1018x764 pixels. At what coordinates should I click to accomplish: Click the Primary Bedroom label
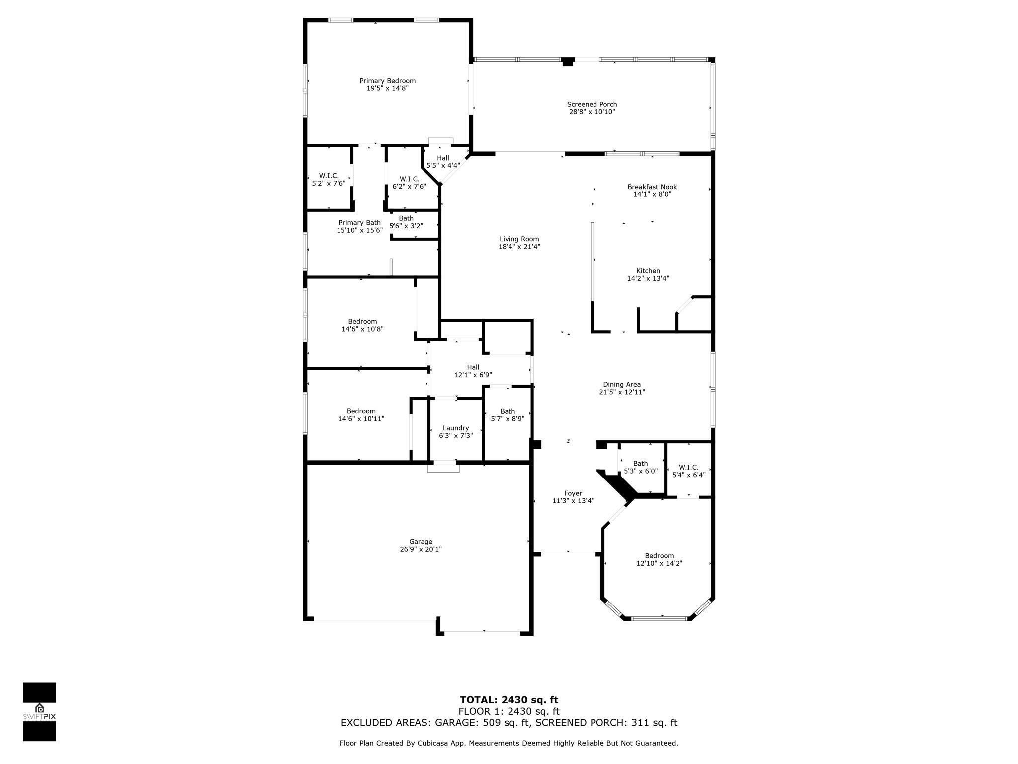pos(387,81)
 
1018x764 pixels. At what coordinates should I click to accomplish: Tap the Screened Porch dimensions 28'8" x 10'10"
pos(592,112)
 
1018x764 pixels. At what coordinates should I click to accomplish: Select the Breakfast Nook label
pos(652,187)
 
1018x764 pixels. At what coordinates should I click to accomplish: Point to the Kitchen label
pos(648,271)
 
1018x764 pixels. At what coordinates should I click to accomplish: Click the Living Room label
pos(519,239)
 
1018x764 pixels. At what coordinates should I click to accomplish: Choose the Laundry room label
pos(455,428)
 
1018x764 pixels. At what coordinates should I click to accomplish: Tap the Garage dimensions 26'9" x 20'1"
pos(421,549)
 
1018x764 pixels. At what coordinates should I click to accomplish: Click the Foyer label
pos(573,493)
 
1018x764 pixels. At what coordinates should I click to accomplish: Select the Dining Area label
pos(621,384)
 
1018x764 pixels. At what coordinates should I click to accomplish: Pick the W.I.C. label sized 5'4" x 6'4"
pos(688,467)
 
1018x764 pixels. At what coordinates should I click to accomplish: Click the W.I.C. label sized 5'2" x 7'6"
pos(328,176)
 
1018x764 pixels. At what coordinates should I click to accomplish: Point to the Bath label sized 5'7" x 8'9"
pos(507,411)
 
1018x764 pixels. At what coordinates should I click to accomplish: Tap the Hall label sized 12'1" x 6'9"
pos(473,367)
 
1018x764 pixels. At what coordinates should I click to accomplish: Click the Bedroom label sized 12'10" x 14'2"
pos(659,556)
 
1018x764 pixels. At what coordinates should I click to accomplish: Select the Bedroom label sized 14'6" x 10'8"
pos(362,321)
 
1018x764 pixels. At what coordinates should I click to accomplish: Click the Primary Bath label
pos(359,223)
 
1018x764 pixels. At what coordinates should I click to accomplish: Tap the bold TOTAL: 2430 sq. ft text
pos(509,700)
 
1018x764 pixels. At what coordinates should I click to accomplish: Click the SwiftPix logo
pos(39,712)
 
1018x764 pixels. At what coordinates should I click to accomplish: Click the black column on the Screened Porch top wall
pos(567,62)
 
